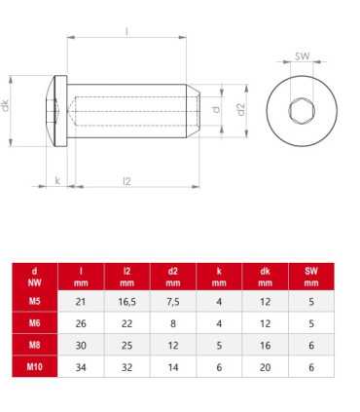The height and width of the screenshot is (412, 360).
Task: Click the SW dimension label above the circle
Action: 303,57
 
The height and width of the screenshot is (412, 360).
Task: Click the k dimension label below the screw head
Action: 57,180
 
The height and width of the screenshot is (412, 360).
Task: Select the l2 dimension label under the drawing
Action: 127,180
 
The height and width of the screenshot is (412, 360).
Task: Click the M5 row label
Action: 35,302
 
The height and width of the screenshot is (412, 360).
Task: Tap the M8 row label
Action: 35,347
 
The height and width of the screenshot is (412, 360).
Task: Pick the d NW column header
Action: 35,276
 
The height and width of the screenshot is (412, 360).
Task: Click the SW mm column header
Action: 311,276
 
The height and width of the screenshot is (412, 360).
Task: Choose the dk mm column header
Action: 266,276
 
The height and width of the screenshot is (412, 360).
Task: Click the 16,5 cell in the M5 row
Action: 127,302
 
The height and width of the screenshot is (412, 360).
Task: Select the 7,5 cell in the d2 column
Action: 173,302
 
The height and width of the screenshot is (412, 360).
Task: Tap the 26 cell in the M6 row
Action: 81,324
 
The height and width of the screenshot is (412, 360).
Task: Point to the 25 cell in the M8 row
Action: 127,347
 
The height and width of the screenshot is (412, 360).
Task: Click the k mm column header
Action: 219,276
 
